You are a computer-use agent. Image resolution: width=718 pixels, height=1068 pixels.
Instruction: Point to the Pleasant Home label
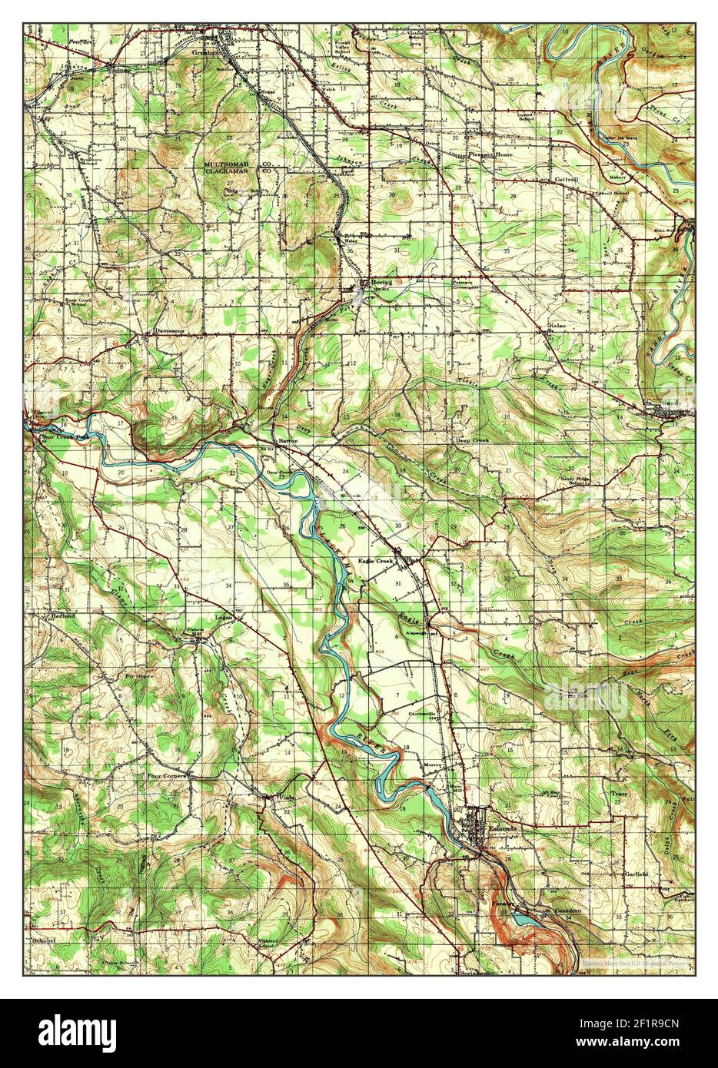point(490,154)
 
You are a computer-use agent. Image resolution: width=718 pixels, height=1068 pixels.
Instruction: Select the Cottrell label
point(566,179)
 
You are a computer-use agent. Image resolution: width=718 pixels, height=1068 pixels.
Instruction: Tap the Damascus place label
point(170,331)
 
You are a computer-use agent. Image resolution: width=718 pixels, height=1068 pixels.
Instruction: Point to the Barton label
point(288,441)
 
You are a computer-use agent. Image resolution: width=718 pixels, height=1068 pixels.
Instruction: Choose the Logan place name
point(223,617)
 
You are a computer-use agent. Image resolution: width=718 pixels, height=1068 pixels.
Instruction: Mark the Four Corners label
point(167,776)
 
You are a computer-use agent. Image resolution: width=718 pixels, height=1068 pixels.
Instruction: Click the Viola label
point(285,797)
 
